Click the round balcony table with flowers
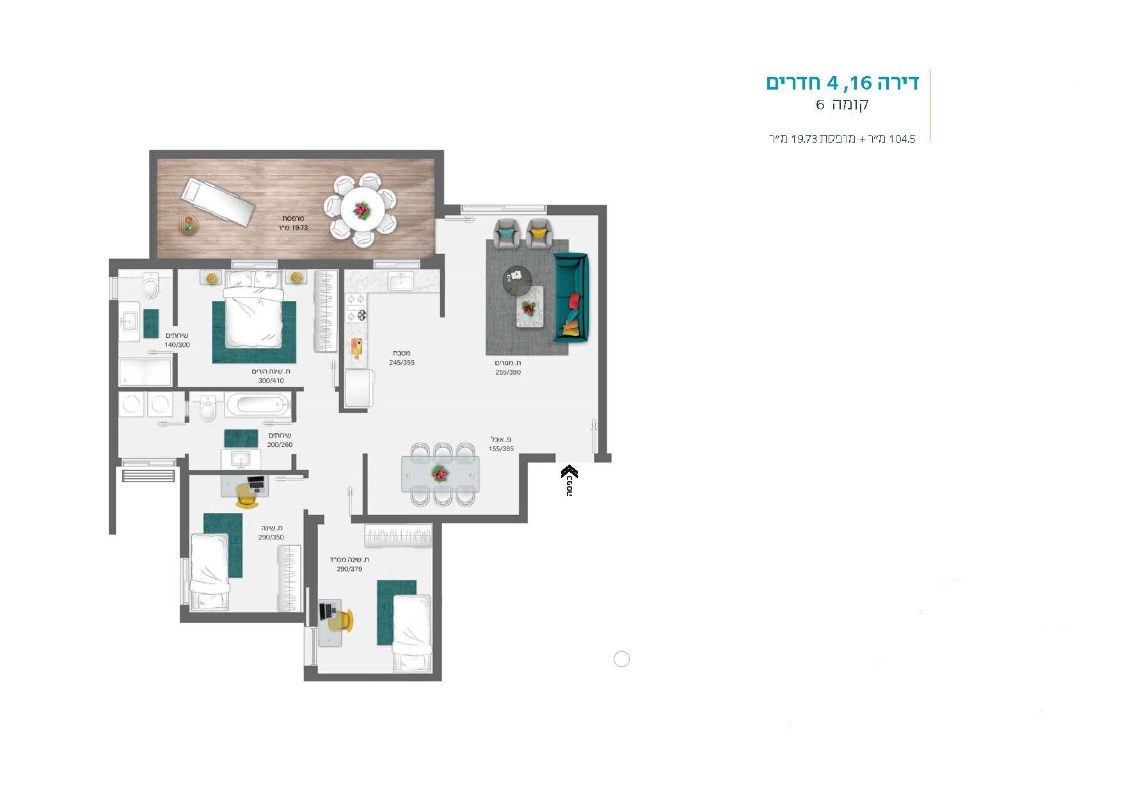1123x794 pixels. click(x=362, y=209)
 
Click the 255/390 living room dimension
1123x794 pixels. click(x=508, y=372)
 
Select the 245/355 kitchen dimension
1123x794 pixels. click(x=402, y=363)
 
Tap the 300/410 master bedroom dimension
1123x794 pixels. click(x=271, y=381)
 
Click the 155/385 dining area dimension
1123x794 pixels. click(x=501, y=449)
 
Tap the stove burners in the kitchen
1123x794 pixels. click(x=356, y=307)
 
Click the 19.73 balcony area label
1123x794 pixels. click(x=293, y=227)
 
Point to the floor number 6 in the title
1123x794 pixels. click(x=820, y=105)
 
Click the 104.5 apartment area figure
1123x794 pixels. click(x=902, y=139)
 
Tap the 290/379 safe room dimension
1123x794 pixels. click(x=349, y=569)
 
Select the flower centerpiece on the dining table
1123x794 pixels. click(x=440, y=473)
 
